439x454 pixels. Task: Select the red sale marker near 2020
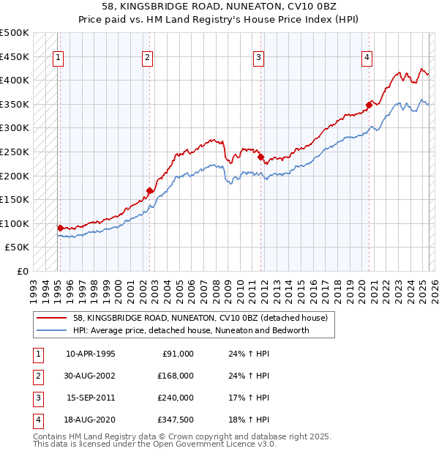(369, 105)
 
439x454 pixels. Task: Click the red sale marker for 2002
(150, 191)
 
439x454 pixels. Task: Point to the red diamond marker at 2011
(260, 156)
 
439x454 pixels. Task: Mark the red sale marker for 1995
(60, 228)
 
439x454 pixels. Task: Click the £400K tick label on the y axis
(15, 80)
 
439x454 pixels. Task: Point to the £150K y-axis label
(15, 199)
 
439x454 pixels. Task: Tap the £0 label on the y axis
(21, 271)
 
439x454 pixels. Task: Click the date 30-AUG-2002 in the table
(91, 376)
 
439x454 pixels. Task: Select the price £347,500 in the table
(175, 420)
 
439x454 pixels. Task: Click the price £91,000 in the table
(176, 354)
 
